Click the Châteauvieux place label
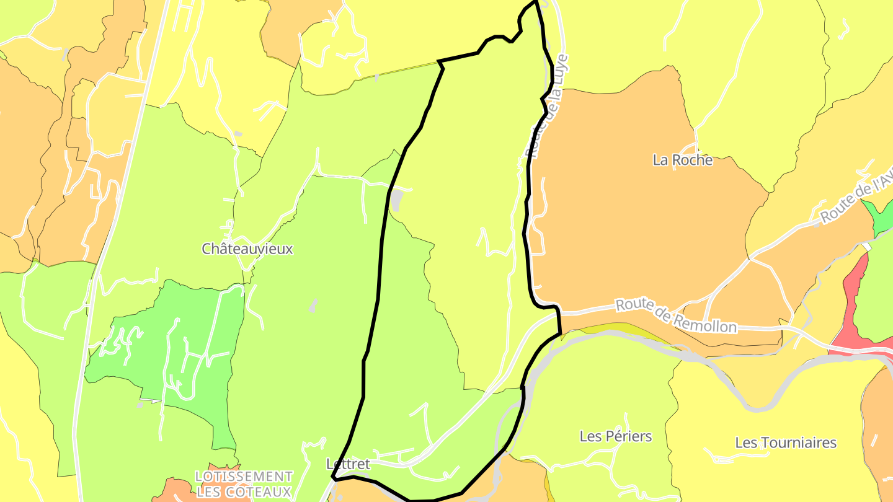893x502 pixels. pyautogui.click(x=247, y=249)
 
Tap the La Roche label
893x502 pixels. pyautogui.click(x=682, y=160)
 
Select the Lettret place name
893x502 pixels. pyautogui.click(x=347, y=464)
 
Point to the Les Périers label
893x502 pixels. pyautogui.click(x=615, y=436)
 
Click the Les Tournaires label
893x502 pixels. pyautogui.click(x=785, y=443)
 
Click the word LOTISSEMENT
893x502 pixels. pyautogui.click(x=243, y=477)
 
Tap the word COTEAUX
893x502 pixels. pyautogui.click(x=259, y=492)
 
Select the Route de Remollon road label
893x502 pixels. pyautogui.click(x=675, y=315)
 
